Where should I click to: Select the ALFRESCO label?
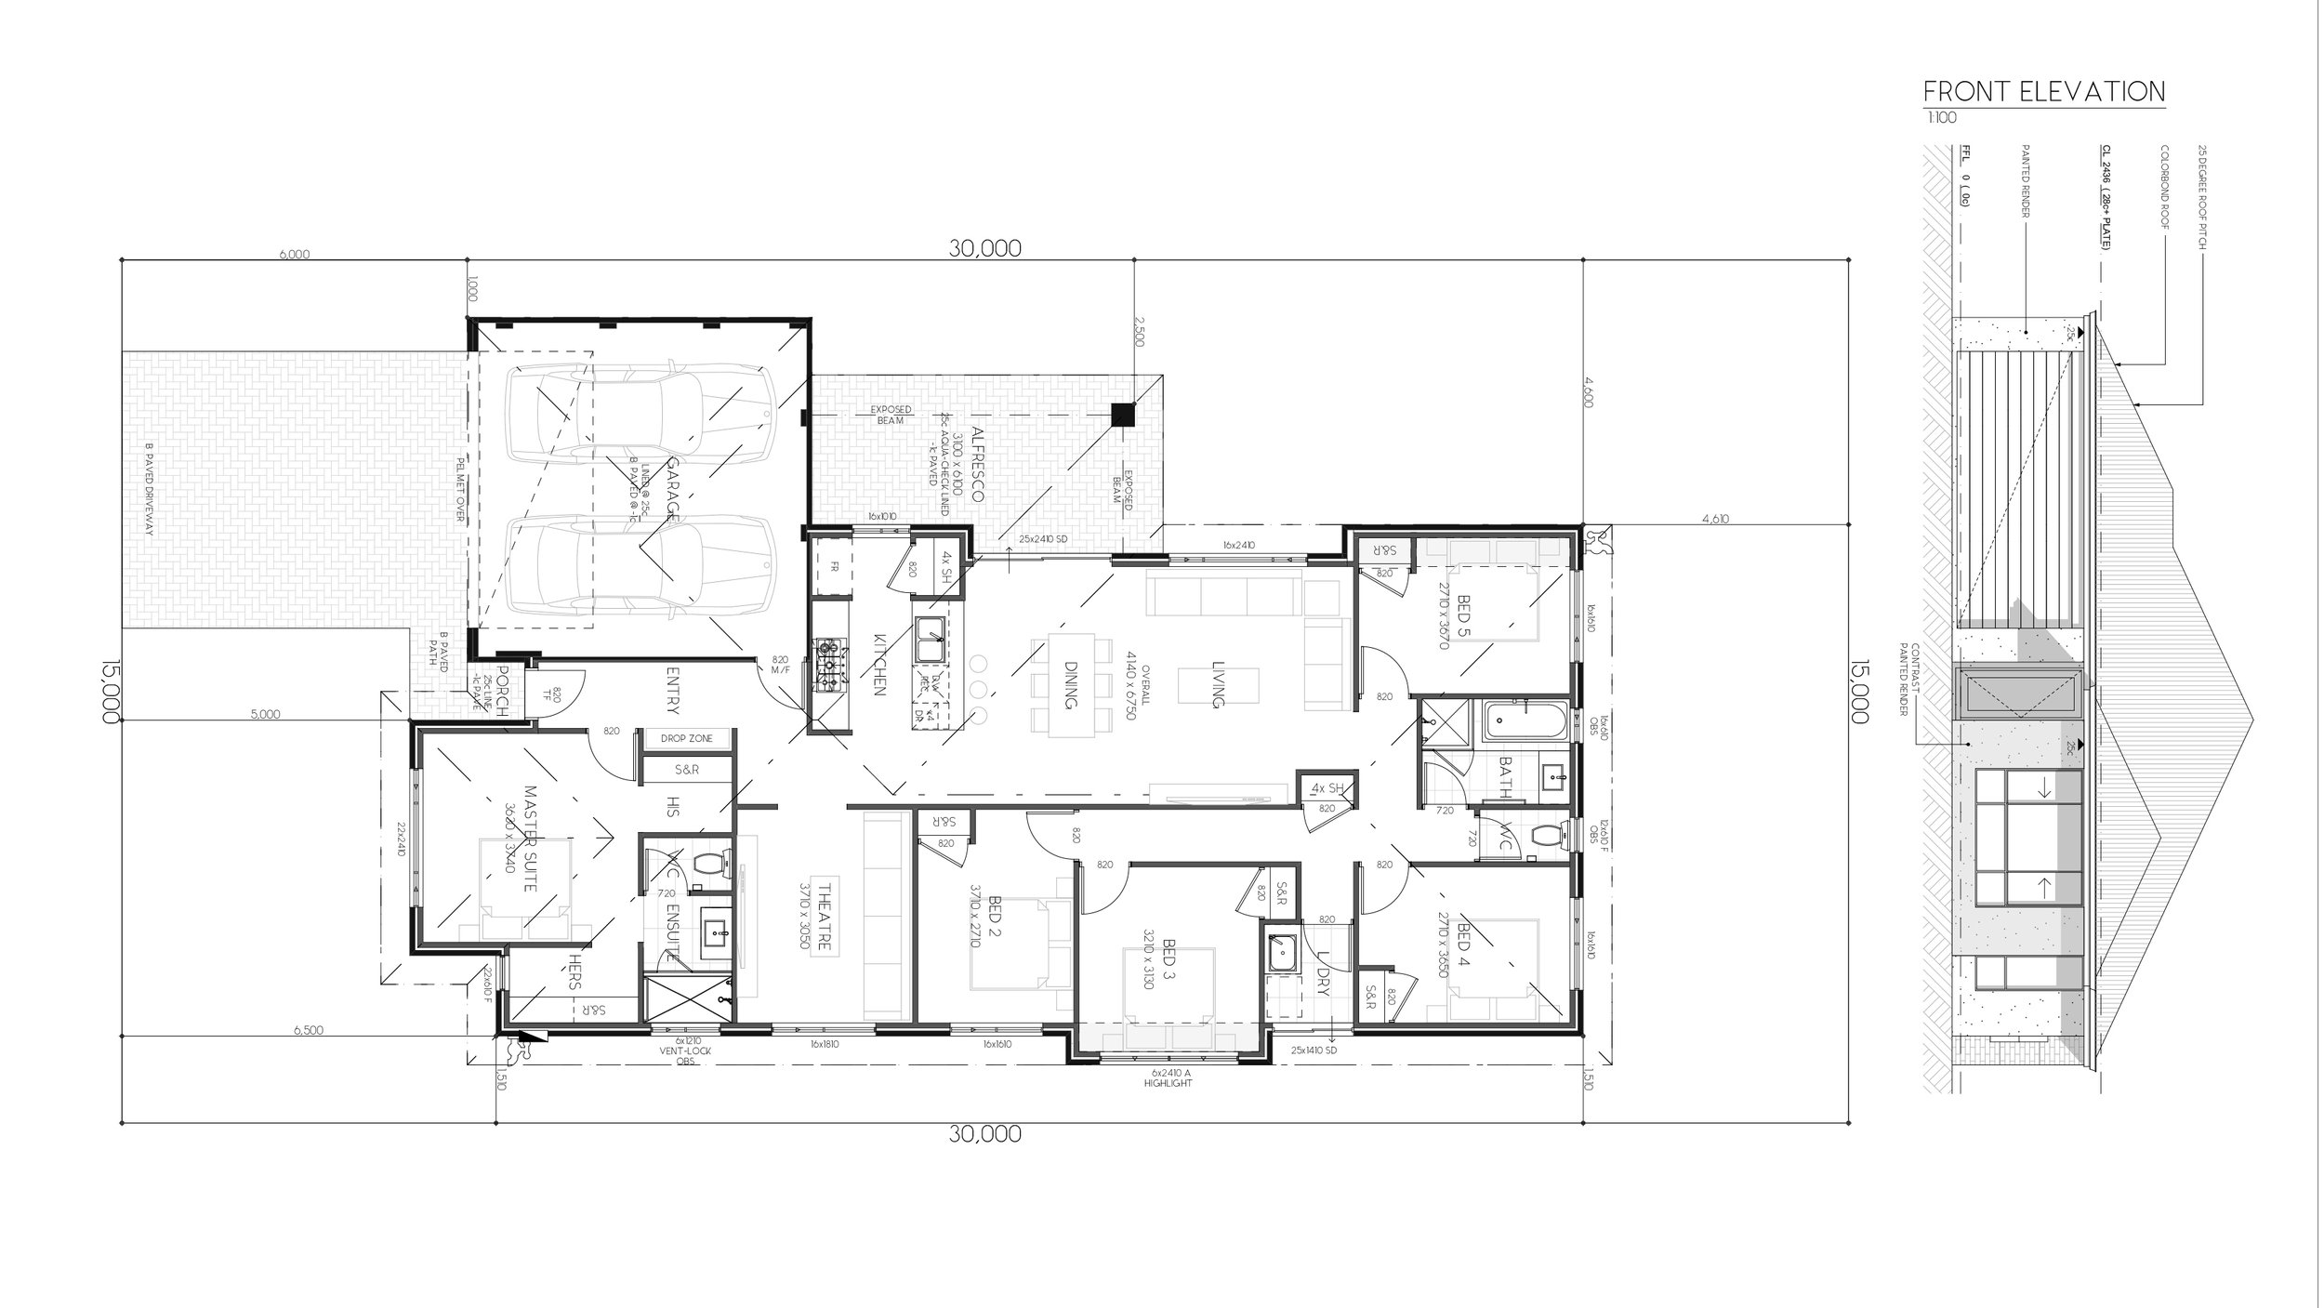(x=977, y=465)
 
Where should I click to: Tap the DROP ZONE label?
(x=687, y=738)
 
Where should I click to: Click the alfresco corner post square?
(x=1124, y=415)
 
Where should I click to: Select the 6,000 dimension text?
(x=294, y=255)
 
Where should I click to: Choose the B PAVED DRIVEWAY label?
(x=149, y=502)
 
